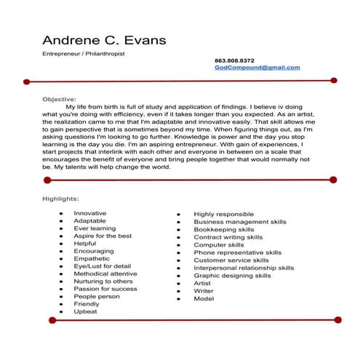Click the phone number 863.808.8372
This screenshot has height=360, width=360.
point(234,60)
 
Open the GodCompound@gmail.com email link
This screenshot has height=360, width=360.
point(257,67)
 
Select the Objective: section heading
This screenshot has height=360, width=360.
point(59,98)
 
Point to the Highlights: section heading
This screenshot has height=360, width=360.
point(60,198)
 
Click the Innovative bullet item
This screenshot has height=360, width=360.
point(90,212)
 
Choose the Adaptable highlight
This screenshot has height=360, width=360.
point(89,220)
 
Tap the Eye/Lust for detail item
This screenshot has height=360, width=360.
point(102,265)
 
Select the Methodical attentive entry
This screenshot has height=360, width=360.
point(105,273)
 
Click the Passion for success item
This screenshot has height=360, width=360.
point(105,289)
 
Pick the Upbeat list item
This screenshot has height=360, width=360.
point(85,311)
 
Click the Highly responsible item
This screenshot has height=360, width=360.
point(223,214)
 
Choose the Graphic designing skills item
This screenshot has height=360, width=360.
point(232,276)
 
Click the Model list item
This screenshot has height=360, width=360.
point(204,299)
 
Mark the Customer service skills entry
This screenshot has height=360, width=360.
point(231,260)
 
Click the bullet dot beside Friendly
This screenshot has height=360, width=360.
point(61,304)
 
